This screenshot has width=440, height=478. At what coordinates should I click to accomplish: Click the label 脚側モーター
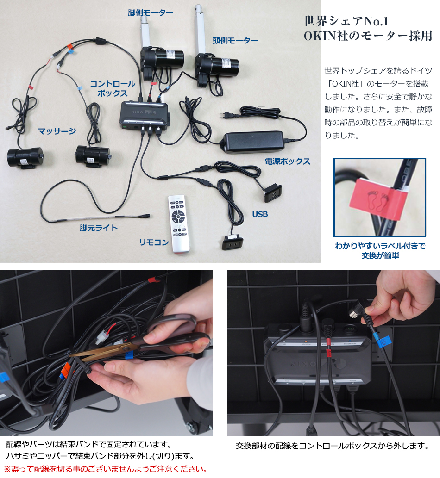(x=151, y=12)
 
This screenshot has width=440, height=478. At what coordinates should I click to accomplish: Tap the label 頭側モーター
(x=235, y=41)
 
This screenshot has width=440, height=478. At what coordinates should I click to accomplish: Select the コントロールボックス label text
(x=113, y=88)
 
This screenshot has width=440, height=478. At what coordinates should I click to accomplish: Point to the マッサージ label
(x=57, y=131)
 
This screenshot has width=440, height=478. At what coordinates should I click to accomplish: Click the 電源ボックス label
(x=287, y=161)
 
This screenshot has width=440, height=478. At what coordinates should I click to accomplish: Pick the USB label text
(x=260, y=214)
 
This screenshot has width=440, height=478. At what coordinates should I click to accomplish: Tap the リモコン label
(x=154, y=242)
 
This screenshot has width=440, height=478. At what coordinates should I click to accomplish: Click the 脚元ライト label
(x=99, y=228)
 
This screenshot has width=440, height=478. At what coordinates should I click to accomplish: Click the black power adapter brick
(x=254, y=141)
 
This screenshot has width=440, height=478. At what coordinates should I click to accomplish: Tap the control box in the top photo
(x=145, y=115)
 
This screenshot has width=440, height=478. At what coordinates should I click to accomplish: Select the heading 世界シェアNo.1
(x=346, y=21)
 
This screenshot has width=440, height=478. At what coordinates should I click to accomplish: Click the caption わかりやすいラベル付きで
(x=380, y=246)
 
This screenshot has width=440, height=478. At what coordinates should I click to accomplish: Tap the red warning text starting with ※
(x=106, y=469)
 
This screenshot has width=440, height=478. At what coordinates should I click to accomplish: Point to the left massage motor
(x=25, y=157)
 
